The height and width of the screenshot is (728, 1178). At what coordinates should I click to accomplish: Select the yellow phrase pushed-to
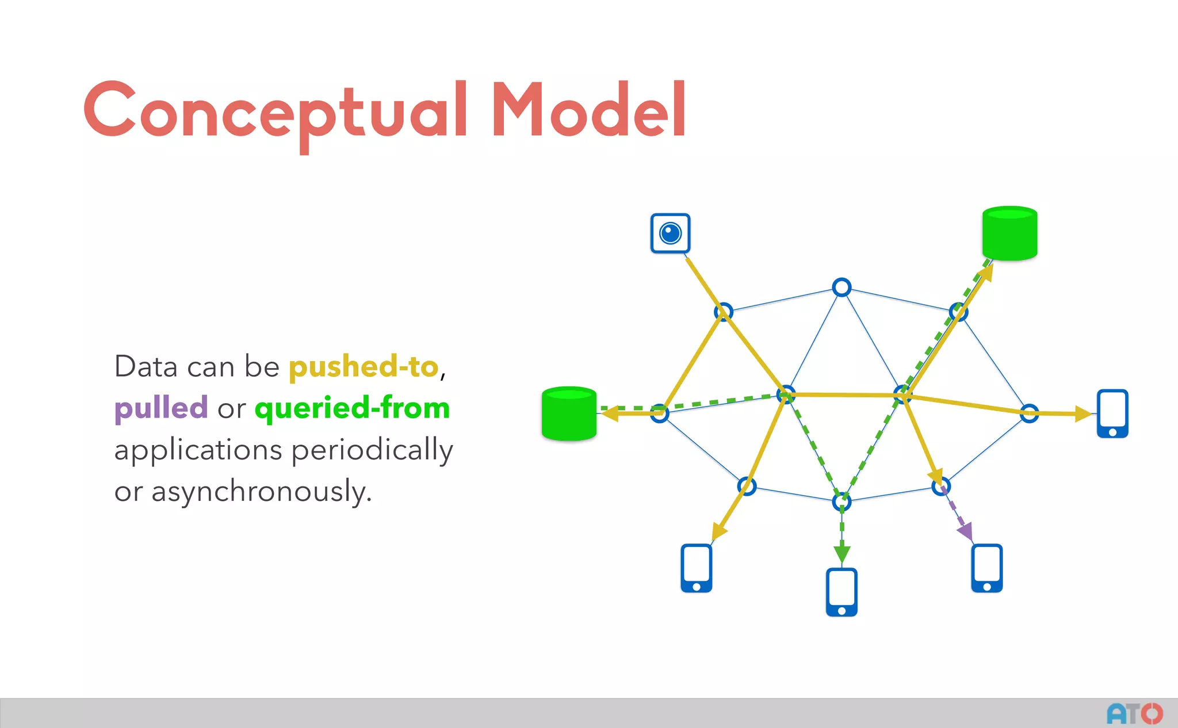(364, 367)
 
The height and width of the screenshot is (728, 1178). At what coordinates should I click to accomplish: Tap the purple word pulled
(161, 408)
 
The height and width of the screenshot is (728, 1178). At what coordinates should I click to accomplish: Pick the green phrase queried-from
(352, 408)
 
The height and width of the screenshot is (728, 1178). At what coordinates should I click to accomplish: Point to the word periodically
(372, 450)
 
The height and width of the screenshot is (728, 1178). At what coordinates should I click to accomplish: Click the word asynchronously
(261, 492)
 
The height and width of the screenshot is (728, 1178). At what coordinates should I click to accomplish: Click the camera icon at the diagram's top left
(670, 233)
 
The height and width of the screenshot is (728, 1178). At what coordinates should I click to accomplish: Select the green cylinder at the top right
(1009, 233)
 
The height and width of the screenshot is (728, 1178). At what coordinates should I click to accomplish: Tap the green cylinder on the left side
(569, 413)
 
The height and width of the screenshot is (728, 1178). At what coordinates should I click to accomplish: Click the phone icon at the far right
(1112, 413)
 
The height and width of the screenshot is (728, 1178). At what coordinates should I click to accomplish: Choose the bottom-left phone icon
(697, 568)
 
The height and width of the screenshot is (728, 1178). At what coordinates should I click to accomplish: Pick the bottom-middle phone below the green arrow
(842, 592)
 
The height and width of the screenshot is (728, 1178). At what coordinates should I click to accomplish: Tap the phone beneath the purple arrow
(987, 568)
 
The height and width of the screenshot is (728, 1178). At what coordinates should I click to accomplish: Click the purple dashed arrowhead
(966, 531)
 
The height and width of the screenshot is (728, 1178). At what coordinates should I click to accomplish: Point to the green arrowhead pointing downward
(842, 554)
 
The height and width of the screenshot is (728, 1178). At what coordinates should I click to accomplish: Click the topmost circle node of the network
(842, 287)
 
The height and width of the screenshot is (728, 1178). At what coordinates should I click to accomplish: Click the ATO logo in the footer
(1134, 714)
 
